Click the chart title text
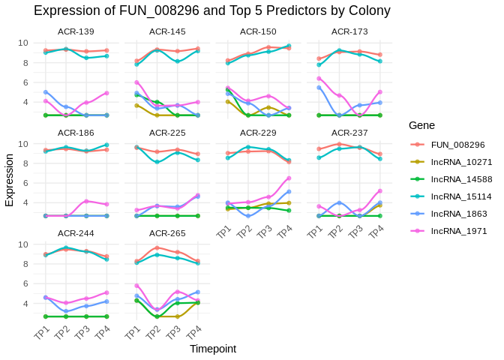point(212,10)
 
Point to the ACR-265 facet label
point(167,233)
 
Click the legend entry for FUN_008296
point(457,144)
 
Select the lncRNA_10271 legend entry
point(461,161)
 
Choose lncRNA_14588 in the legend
point(461,178)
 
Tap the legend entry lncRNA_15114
point(461,196)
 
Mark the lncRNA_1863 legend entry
point(458,213)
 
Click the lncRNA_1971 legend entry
point(458,230)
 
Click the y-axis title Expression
point(10,180)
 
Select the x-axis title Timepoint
point(212,349)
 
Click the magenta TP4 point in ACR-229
point(289,178)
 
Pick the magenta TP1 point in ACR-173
point(319,78)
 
